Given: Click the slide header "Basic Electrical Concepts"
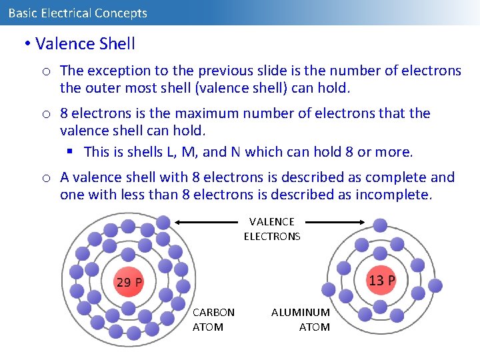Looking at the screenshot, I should (x=77, y=13).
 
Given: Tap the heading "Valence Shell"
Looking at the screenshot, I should (x=85, y=44).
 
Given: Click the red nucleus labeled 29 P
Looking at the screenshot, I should (x=129, y=281).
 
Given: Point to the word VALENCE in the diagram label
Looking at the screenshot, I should (x=272, y=221).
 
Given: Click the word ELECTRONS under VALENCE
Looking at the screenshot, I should (x=272, y=236).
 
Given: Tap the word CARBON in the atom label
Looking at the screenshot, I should (x=213, y=312).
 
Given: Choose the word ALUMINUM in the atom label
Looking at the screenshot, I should (x=301, y=312).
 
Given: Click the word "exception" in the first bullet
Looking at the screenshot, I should (x=115, y=71).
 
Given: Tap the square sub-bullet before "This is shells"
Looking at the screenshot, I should (x=70, y=152).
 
